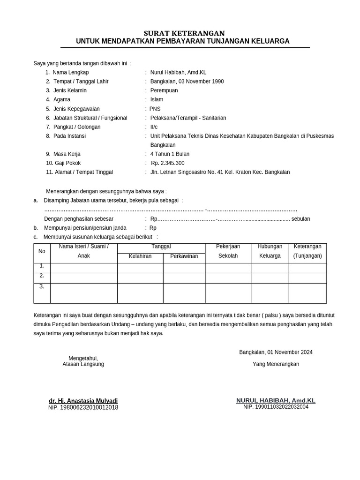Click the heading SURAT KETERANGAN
click(x=184, y=33)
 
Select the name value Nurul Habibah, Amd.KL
click(x=178, y=72)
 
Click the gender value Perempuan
click(x=164, y=90)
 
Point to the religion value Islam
click(x=157, y=99)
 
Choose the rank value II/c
click(x=154, y=127)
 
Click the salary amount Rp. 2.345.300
click(x=167, y=163)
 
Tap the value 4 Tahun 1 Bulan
click(x=170, y=154)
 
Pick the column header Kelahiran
click(x=140, y=256)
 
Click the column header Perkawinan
click(x=184, y=256)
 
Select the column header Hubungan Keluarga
click(x=270, y=251)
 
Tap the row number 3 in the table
click(x=42, y=286)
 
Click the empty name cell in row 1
click(x=83, y=268)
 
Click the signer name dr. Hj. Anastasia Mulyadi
click(x=83, y=401)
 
